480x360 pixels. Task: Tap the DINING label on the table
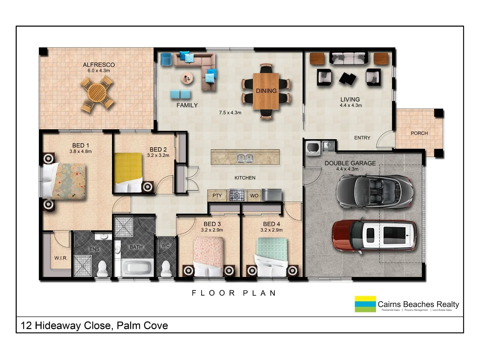pyautogui.click(x=266, y=91)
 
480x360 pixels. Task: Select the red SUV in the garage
pyautogui.click(x=374, y=236)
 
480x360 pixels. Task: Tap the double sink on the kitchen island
pyautogui.click(x=245, y=158)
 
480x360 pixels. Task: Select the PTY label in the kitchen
pyautogui.click(x=217, y=196)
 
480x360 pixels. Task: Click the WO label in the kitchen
pyautogui.click(x=254, y=196)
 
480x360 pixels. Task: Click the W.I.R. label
pyautogui.click(x=61, y=258)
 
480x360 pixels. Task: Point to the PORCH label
pyautogui.click(x=419, y=133)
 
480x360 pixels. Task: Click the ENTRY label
pyautogui.click(x=362, y=138)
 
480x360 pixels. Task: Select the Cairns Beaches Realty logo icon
pyautogui.click(x=365, y=304)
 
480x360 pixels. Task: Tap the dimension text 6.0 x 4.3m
pyautogui.click(x=98, y=70)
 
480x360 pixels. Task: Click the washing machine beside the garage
pyautogui.click(x=312, y=148)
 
